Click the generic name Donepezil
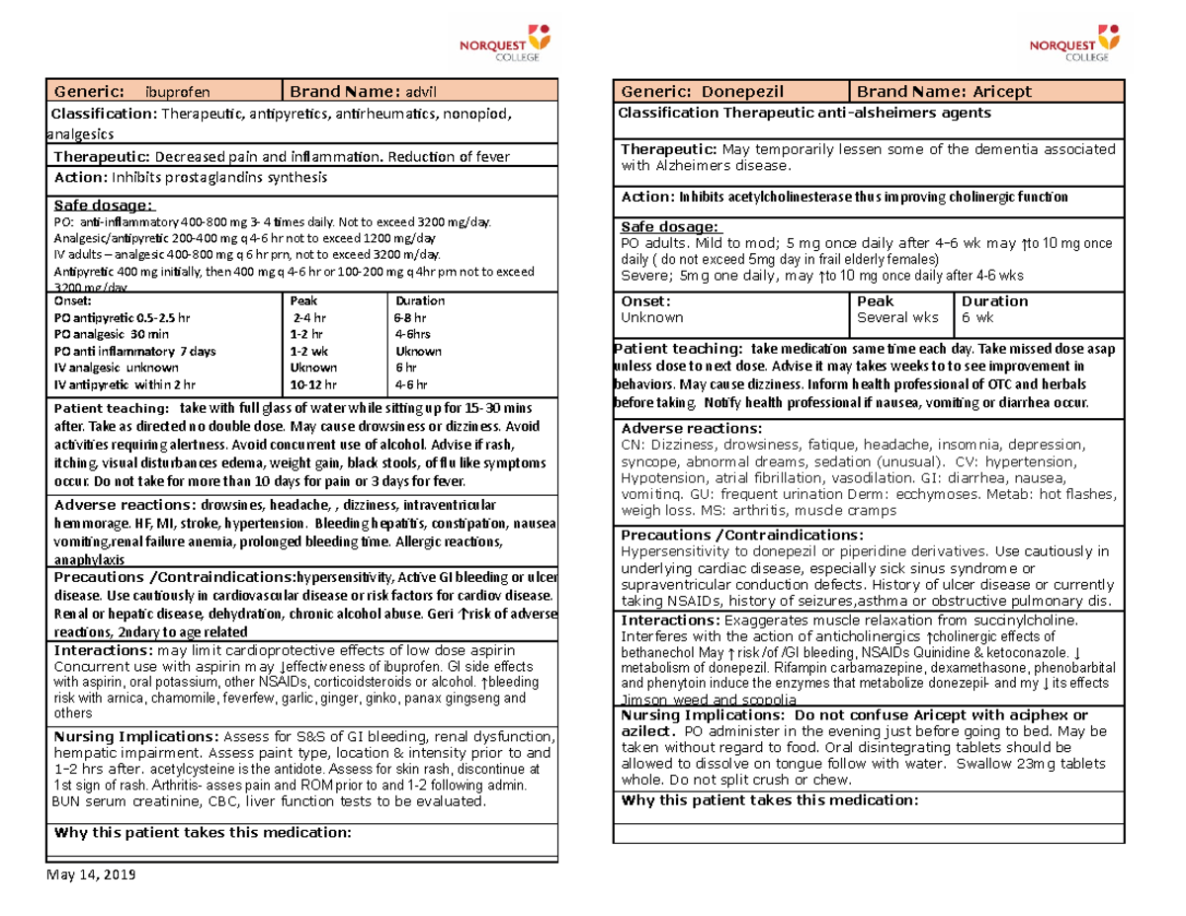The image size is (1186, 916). (x=738, y=92)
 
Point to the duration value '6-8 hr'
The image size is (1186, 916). (x=409, y=318)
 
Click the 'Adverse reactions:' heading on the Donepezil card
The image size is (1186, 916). (x=691, y=428)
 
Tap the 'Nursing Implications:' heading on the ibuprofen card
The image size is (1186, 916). (x=136, y=736)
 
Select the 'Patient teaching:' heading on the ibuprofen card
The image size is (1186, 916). (x=111, y=409)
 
